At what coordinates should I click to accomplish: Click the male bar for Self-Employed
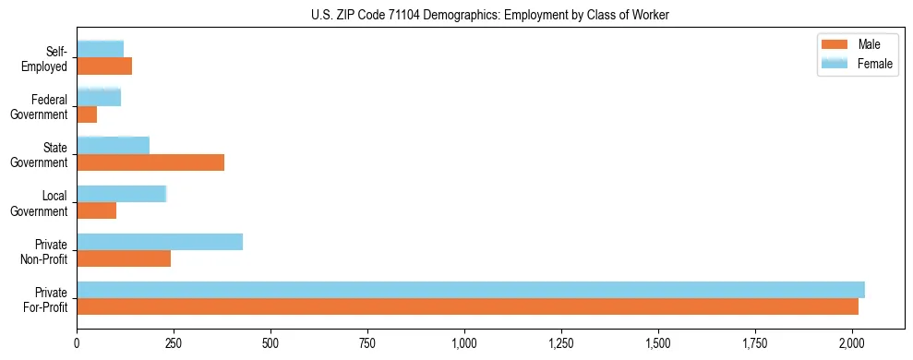tap(104, 66)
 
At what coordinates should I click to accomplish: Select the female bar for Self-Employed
tap(100, 49)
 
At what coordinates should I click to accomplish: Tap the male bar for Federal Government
tap(87, 114)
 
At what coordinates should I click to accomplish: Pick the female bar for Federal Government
tap(99, 97)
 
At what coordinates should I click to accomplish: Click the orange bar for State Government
tap(150, 162)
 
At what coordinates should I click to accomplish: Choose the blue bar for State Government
tap(113, 145)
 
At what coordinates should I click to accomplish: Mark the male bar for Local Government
tap(96, 210)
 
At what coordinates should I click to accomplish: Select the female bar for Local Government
tap(121, 194)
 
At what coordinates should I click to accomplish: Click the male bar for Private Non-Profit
tap(124, 258)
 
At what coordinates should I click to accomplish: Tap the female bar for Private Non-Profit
tap(160, 242)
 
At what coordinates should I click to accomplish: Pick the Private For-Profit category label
tap(46, 299)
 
